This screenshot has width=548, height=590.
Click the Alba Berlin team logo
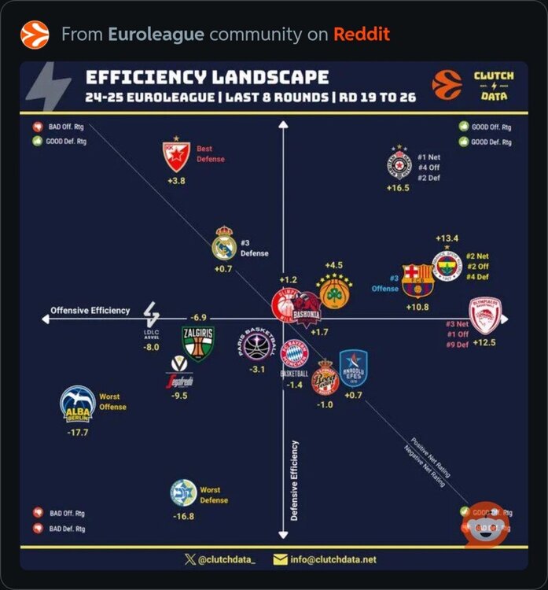[78, 405]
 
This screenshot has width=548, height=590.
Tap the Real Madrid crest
[224, 244]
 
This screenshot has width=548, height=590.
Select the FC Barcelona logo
[417, 280]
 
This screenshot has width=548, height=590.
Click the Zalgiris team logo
[197, 343]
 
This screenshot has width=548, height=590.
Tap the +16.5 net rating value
[398, 188]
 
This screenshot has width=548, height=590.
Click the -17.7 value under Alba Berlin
[78, 433]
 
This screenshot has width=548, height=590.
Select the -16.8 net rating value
[183, 516]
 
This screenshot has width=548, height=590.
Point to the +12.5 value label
[485, 343]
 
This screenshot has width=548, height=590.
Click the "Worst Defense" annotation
[213, 495]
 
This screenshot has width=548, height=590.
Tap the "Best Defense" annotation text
[210, 153]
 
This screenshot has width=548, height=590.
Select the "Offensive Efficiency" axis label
[90, 311]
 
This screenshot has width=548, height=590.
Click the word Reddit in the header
[361, 35]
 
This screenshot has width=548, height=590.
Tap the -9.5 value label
[180, 396]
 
